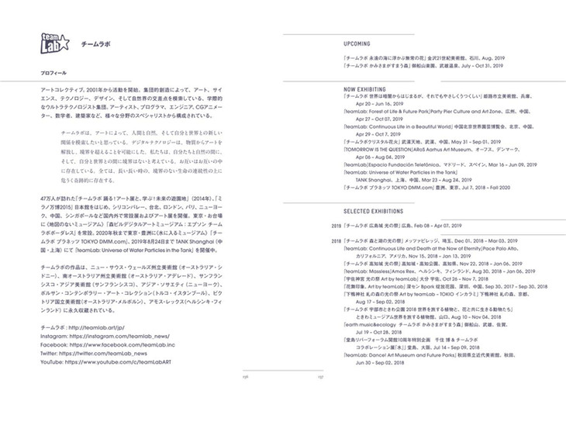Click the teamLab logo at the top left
(x=53, y=44)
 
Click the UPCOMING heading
(x=357, y=44)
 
